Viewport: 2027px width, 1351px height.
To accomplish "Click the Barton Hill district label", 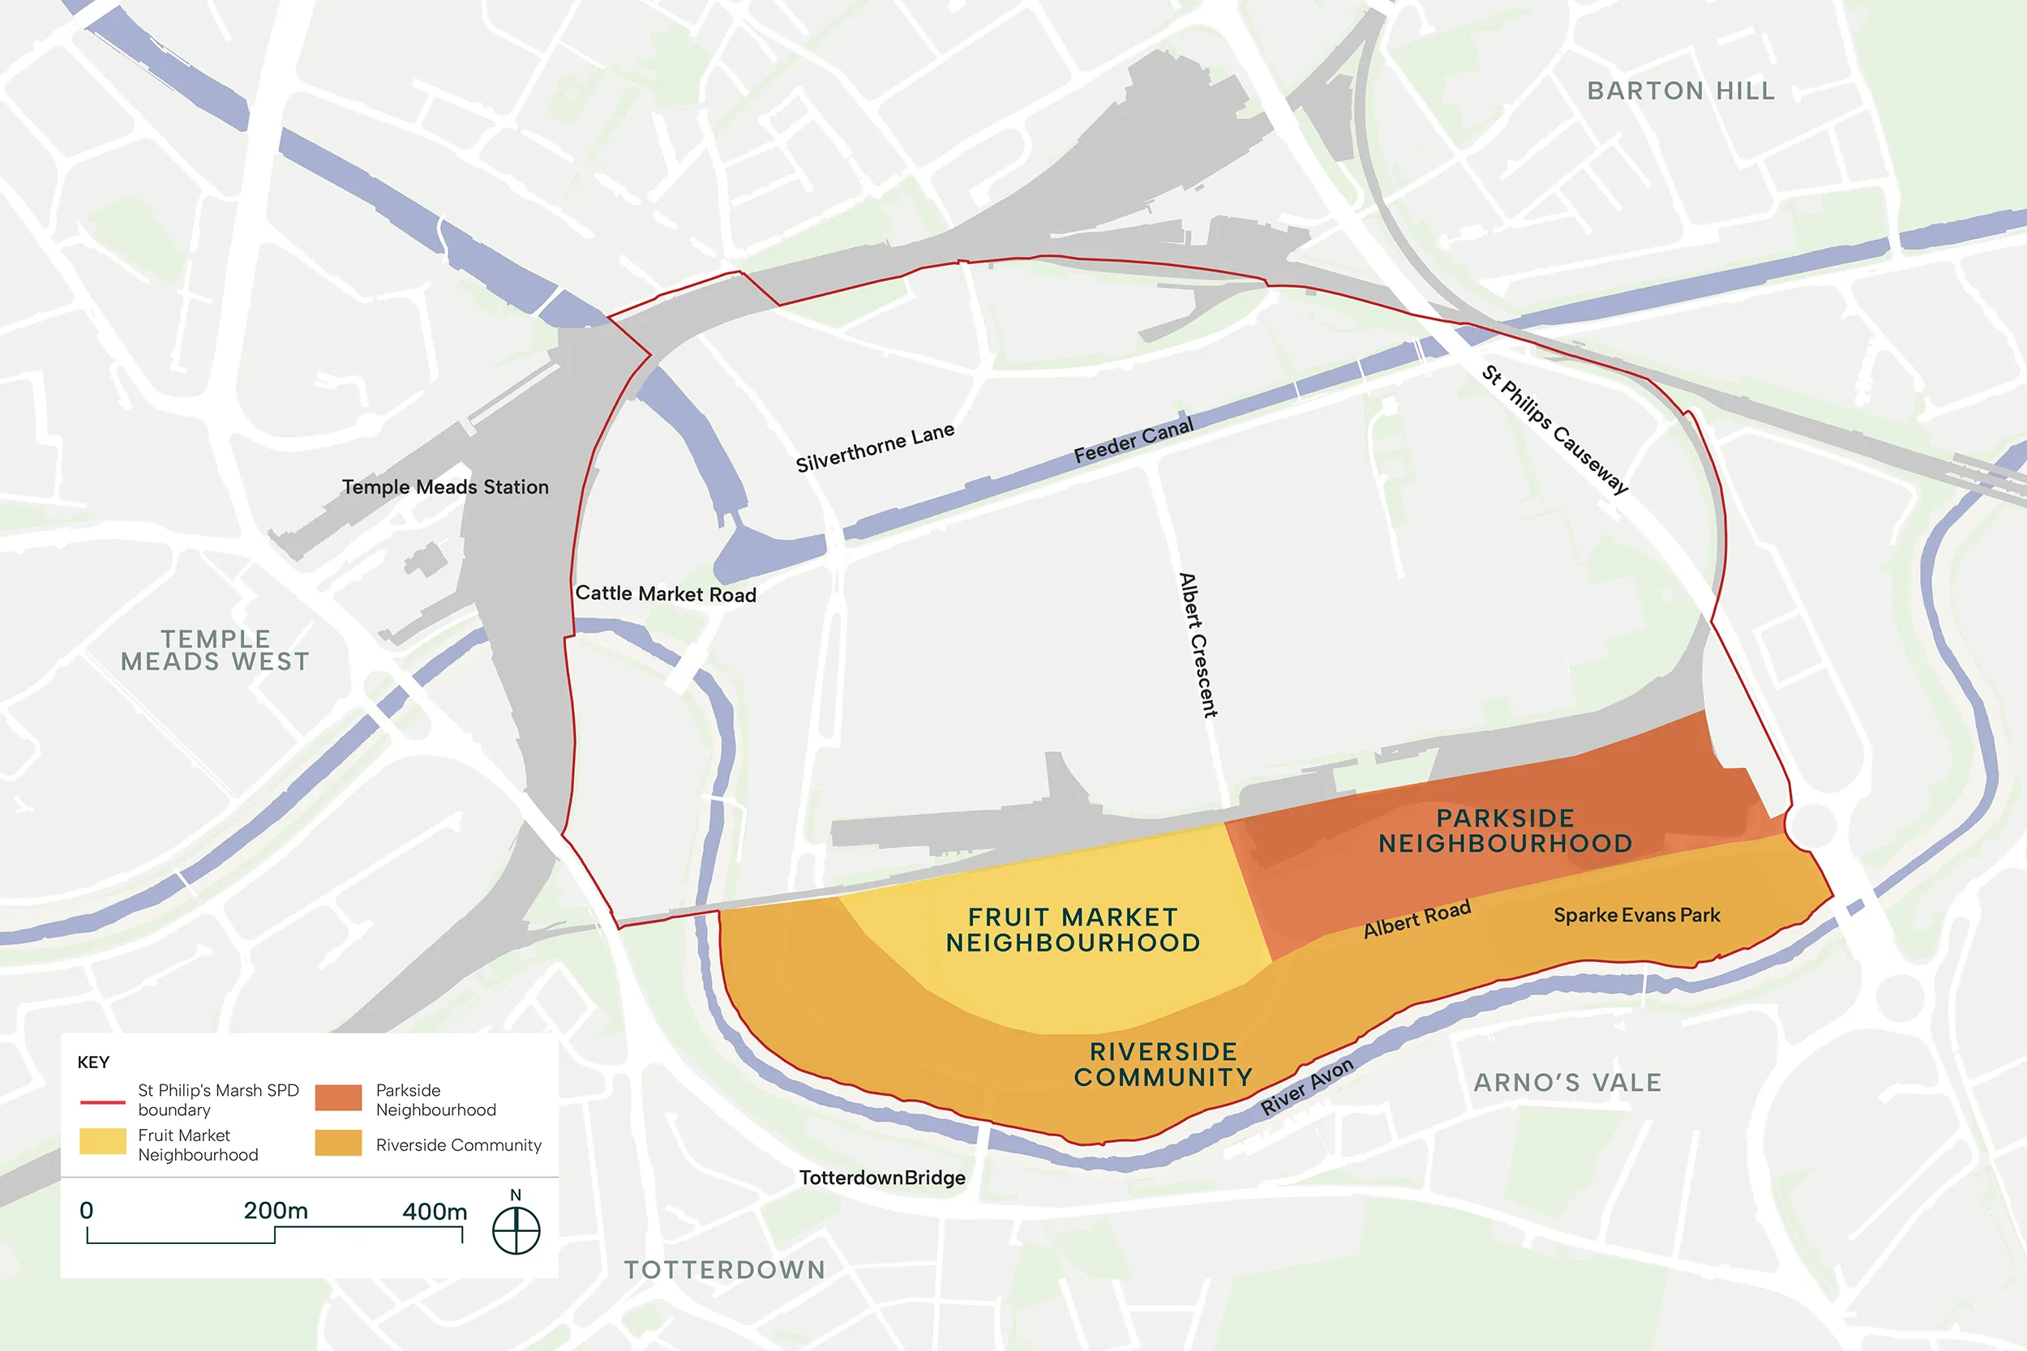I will (1681, 92).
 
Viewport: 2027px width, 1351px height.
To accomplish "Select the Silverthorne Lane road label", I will (874, 448).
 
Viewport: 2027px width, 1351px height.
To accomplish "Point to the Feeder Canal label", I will (1133, 440).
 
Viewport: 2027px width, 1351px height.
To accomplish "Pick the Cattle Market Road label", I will (666, 594).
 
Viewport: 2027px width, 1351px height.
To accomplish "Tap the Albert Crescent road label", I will (1198, 644).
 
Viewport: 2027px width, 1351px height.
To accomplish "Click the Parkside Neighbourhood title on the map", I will (1505, 831).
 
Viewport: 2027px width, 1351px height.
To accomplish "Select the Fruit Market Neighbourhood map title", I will (1073, 930).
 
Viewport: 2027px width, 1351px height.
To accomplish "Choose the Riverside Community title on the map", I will (1163, 1064).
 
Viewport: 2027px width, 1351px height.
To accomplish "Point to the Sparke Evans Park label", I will (1635, 915).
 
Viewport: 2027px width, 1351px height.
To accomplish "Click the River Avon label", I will (1306, 1087).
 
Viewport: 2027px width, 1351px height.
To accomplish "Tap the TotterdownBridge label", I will (881, 1178).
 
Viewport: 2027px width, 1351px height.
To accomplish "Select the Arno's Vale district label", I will (1566, 1082).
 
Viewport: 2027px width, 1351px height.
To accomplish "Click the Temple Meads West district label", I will (215, 651).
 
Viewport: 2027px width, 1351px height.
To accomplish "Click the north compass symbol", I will (516, 1229).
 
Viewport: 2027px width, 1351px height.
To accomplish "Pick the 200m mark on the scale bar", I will (275, 1212).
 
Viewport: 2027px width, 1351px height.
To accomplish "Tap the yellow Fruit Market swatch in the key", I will (102, 1141).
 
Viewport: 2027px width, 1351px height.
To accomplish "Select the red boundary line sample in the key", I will (102, 1102).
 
